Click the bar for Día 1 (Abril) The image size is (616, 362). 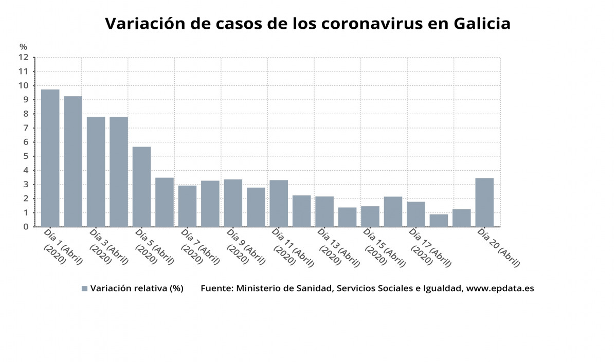(x=50, y=158)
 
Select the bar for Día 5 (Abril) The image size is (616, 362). (x=141, y=187)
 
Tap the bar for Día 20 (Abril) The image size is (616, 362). (x=484, y=202)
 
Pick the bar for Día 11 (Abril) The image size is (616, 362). (x=279, y=203)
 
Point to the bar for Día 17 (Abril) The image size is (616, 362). (x=415, y=214)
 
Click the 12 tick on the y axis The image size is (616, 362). (x=23, y=58)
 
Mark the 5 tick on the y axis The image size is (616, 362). (x=25, y=156)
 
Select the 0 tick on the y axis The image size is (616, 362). (x=25, y=227)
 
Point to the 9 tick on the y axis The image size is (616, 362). (x=25, y=100)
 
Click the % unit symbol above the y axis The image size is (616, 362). (x=23, y=47)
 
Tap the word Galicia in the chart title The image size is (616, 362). (x=482, y=24)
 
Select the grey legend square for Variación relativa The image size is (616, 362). (x=84, y=288)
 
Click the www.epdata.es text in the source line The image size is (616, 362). (x=500, y=288)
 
